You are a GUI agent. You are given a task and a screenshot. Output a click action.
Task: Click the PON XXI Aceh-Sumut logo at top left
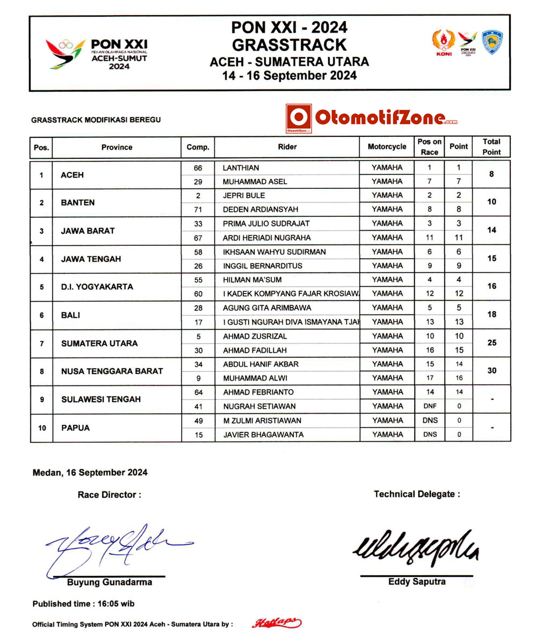[x=96, y=54]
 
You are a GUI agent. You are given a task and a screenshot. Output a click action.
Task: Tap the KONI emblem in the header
[x=444, y=42]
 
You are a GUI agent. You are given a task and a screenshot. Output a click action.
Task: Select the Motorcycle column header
[x=387, y=147]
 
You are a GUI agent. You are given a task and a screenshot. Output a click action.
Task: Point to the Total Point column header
[x=491, y=147]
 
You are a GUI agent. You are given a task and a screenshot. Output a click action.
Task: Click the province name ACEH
[x=73, y=175]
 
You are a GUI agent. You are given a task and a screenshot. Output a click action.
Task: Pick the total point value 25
[x=491, y=342]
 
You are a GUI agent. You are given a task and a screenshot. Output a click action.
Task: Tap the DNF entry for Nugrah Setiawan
[x=430, y=406]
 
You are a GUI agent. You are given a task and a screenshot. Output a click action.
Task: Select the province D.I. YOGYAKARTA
[x=97, y=287]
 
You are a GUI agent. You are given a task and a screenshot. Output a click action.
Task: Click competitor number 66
[x=198, y=168]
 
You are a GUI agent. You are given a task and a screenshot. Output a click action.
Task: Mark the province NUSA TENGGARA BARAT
[x=112, y=371]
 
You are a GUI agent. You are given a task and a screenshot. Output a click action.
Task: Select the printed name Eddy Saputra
[x=416, y=582]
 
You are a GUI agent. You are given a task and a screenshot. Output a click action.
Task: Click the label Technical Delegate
[x=416, y=494]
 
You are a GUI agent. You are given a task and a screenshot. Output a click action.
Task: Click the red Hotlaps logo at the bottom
[x=277, y=623]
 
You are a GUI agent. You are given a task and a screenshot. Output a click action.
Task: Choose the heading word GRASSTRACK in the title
[x=289, y=44]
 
